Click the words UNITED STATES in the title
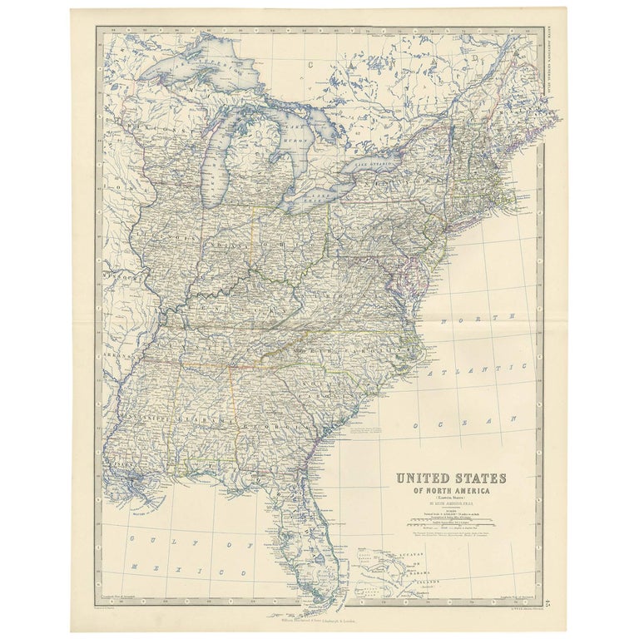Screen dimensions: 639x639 (x=450, y=480)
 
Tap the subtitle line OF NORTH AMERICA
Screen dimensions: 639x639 (x=450, y=492)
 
